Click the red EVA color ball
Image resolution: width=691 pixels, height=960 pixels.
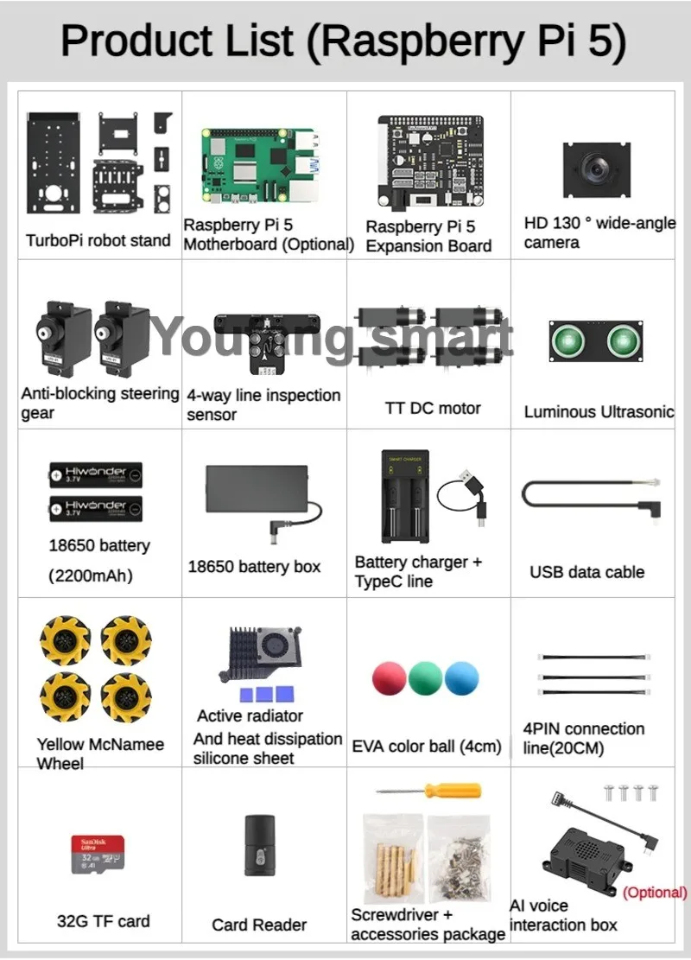[x=389, y=678]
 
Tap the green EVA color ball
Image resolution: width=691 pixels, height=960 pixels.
[x=426, y=678]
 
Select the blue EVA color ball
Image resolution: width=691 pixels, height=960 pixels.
[x=462, y=678]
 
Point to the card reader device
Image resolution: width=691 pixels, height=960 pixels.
[x=259, y=845]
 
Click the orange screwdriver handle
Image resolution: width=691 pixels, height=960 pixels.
[x=453, y=790]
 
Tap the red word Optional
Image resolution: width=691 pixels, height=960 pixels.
[x=655, y=893]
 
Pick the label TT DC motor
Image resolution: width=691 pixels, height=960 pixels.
[x=433, y=408]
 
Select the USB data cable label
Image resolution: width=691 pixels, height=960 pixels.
[x=587, y=572]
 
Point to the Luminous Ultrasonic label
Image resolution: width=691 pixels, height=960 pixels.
[x=599, y=412]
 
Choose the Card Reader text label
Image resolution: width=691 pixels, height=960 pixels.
[x=259, y=925]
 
